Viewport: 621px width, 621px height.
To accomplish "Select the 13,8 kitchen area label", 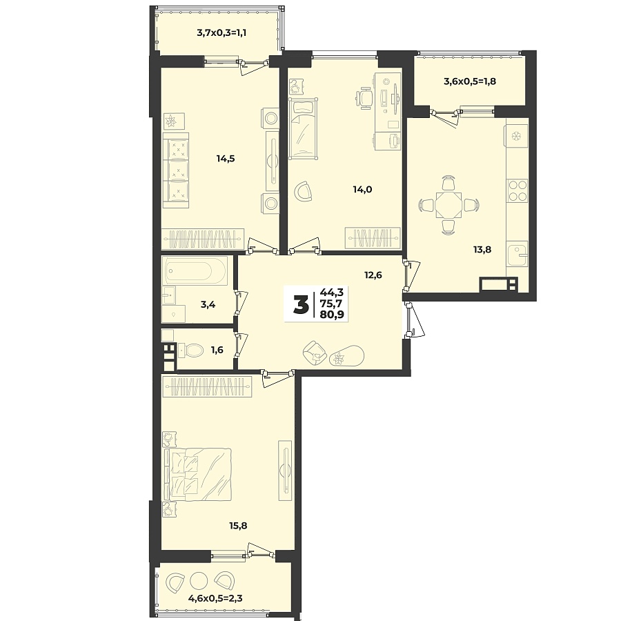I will tap(482, 250).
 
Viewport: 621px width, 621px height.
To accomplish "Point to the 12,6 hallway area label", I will tap(373, 275).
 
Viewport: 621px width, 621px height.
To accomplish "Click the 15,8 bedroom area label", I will tap(238, 525).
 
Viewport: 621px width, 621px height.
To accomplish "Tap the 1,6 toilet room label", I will tap(217, 351).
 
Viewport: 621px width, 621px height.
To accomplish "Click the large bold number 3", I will tap(301, 304).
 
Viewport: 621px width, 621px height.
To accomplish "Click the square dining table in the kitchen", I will tap(448, 205).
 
